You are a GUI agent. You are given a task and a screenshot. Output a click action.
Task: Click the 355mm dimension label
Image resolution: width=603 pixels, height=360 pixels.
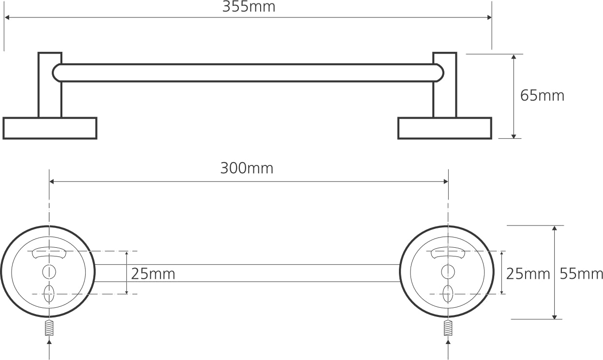pos(249,7)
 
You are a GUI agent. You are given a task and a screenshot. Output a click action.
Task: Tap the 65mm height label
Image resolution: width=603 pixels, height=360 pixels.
pos(542,96)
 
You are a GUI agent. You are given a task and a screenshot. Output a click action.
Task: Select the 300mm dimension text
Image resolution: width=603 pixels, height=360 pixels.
pos(247,168)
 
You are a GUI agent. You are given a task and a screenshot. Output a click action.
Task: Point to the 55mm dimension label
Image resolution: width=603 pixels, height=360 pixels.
pos(581,274)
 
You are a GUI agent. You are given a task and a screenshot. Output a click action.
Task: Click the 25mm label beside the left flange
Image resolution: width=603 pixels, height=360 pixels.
pos(153,274)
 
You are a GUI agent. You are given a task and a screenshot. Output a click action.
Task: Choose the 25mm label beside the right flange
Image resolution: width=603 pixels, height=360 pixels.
pos(528,274)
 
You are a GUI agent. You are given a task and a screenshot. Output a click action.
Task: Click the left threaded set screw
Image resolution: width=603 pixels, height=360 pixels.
pos(49,328)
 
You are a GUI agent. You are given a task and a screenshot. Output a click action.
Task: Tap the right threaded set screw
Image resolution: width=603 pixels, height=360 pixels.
pos(448,328)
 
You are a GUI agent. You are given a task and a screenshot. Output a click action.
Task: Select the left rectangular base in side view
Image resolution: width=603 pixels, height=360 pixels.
pos(50,128)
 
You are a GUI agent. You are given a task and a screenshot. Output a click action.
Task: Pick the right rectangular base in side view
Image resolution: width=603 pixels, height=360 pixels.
pos(445,128)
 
